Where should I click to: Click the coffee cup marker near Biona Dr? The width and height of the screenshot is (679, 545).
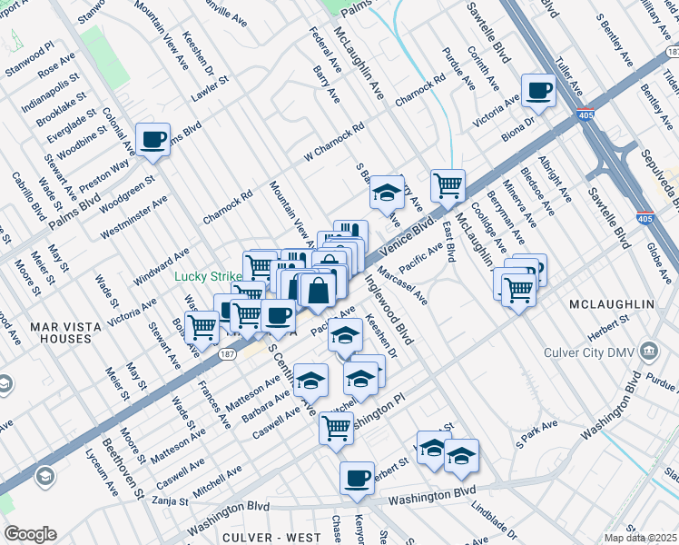tap(538, 91)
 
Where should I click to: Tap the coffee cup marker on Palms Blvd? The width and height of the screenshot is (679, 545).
tap(152, 140)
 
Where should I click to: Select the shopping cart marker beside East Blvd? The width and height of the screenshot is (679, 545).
tap(448, 186)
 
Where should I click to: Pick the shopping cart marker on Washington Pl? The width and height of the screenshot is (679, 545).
tap(336, 427)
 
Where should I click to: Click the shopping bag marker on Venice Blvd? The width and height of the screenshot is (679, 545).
tap(319, 292)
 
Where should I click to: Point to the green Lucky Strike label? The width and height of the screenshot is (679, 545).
tap(208, 276)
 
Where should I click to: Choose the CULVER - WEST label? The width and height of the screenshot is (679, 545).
tap(271, 538)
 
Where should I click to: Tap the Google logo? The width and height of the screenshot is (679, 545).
tap(30, 534)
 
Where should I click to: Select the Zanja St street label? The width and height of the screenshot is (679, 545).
tap(170, 500)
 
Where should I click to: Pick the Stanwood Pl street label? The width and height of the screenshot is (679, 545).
tap(34, 44)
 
